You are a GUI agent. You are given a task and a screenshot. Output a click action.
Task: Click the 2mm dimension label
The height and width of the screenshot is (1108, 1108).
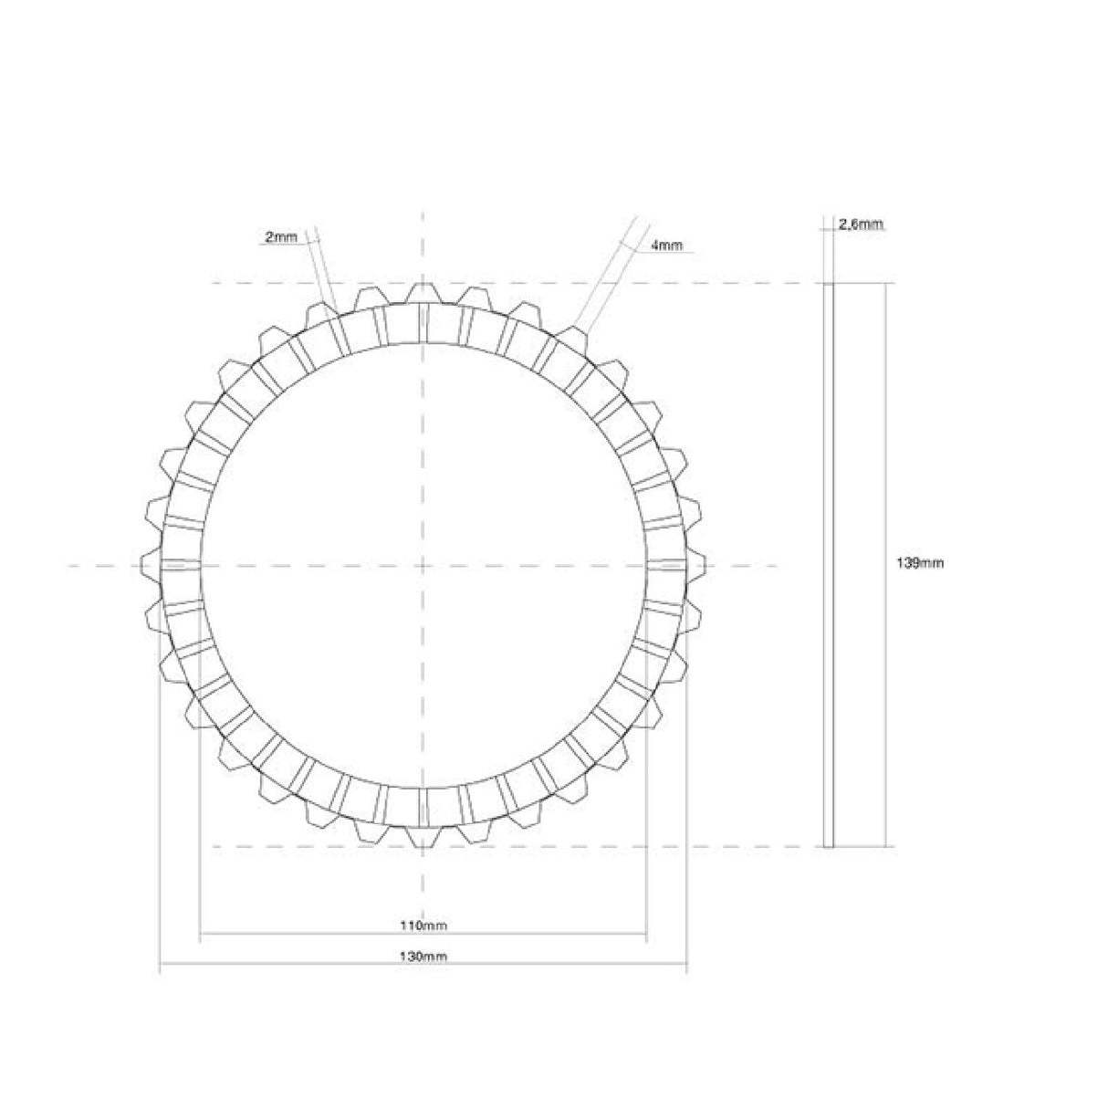[280, 237]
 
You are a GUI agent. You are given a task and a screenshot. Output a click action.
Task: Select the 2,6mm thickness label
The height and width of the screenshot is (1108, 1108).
[861, 225]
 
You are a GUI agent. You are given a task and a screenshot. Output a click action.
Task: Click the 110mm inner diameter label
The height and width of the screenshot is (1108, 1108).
[423, 926]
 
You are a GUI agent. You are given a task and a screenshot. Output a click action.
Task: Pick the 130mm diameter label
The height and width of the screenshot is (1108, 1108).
[423, 956]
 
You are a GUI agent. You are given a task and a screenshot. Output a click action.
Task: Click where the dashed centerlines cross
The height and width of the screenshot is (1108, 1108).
[422, 566]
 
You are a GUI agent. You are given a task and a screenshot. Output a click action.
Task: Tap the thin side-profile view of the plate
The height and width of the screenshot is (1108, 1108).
[829, 565]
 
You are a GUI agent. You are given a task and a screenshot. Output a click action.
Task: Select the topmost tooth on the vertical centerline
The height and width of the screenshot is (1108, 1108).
[422, 292]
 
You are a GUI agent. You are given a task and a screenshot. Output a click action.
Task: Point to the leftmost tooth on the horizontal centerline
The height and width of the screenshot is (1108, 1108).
[150, 566]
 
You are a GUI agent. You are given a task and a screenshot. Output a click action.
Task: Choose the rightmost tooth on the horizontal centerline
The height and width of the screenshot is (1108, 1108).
[696, 566]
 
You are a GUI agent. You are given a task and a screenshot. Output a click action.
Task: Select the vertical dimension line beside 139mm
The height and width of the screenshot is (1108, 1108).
[884, 411]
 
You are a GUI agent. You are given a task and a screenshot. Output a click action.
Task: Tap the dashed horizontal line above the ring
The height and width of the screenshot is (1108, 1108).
[274, 284]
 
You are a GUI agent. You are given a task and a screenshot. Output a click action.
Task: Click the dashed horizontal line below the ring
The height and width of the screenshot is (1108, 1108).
[274, 847]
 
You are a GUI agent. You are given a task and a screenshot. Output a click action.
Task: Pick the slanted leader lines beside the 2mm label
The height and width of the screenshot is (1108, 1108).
[323, 265]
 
